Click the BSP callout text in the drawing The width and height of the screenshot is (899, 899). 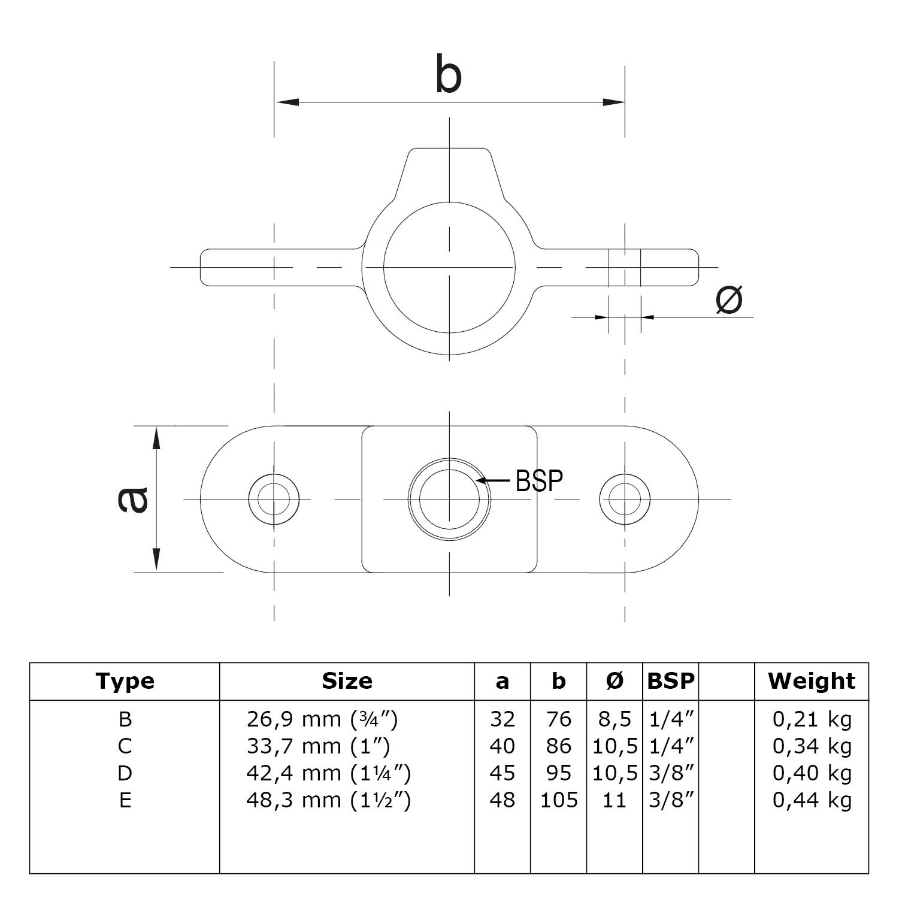pos(539,480)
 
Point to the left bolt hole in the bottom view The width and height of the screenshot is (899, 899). pos(274,499)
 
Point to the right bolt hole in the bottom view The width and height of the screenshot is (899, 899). pos(625,499)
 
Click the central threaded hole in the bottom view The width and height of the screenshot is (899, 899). pos(449,499)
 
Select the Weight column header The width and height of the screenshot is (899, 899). pos(812,681)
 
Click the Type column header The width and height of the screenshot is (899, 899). pos(125,681)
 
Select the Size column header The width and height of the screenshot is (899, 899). pos(347,681)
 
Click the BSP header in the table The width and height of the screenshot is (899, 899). pos(671,681)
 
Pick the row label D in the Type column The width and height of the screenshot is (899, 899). pos(125,773)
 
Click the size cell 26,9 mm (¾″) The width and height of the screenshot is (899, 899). pos(322,719)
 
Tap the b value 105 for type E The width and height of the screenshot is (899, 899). pos(559,800)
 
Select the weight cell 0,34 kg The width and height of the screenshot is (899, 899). pos(812,746)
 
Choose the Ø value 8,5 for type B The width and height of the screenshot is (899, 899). pos(615,719)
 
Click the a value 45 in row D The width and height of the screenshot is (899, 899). pos(502,773)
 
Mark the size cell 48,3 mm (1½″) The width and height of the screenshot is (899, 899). pos(328,800)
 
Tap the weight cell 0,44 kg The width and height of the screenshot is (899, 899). pos(812,800)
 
